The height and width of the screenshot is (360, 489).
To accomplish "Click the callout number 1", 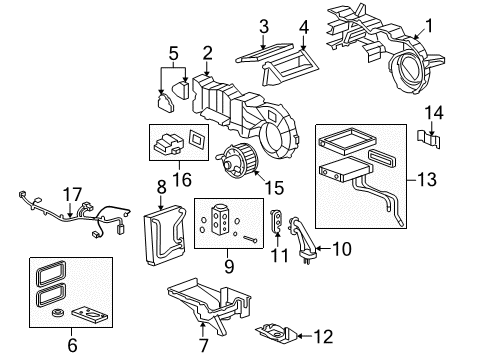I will [x=431, y=25].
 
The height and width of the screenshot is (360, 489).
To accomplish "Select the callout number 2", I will [x=207, y=52].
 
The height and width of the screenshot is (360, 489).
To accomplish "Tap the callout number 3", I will [x=264, y=25].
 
